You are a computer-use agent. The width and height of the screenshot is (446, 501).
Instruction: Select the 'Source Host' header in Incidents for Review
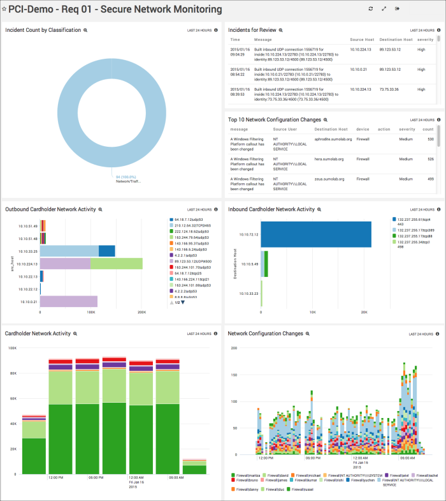(361, 40)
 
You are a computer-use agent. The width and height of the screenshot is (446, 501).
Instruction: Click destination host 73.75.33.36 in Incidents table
(389, 89)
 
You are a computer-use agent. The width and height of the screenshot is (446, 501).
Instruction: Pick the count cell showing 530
(431, 139)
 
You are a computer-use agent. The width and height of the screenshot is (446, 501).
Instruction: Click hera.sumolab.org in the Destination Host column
(329, 159)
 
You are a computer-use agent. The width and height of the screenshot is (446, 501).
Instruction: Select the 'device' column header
(363, 129)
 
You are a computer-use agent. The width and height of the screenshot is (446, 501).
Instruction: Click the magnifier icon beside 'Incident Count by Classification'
(86, 30)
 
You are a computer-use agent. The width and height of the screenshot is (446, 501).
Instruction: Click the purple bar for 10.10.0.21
(69, 301)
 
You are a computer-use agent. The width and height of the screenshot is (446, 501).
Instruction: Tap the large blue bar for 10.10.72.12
(316, 234)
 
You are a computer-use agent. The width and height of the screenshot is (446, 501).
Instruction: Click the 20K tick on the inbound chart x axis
(363, 313)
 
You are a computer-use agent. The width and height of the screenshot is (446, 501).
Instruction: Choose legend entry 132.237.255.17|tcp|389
(416, 230)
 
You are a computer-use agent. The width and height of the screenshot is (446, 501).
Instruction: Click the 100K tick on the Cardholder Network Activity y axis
(11, 348)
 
